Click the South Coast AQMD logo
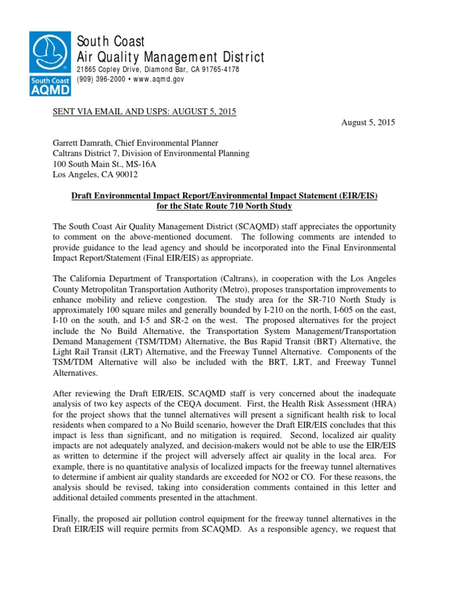pos(51,63)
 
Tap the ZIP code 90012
pos(126,174)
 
